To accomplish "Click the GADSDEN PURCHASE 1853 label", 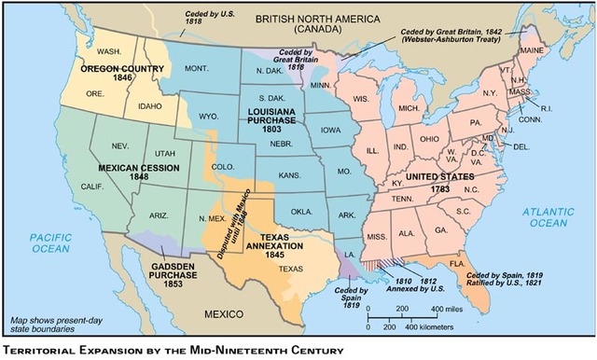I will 153,278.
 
